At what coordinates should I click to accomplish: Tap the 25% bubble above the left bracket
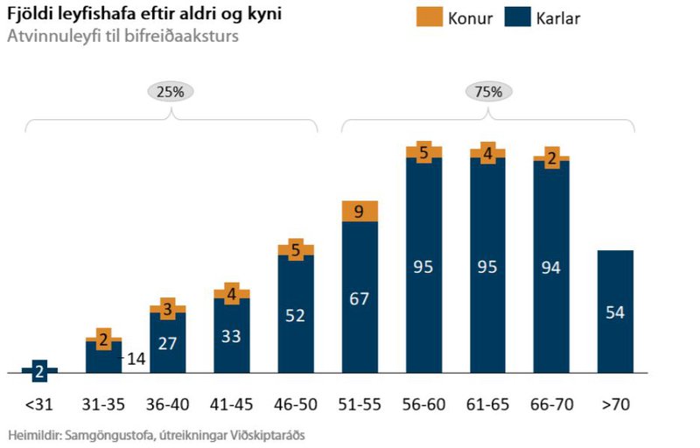(x=170, y=91)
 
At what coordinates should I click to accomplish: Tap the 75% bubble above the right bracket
(x=488, y=91)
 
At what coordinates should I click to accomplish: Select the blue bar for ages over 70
(x=615, y=311)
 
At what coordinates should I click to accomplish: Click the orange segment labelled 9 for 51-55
(x=360, y=211)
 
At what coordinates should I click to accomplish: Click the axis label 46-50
(x=296, y=404)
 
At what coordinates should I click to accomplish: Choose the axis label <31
(x=40, y=404)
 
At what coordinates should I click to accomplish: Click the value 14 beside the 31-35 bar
(x=136, y=358)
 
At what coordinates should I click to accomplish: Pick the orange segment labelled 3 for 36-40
(x=168, y=308)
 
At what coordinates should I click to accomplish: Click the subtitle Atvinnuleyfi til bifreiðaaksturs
(x=122, y=37)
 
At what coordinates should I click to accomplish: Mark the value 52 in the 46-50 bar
(x=296, y=316)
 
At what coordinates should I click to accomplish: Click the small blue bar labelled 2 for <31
(x=40, y=370)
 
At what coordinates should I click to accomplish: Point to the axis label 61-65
(x=487, y=404)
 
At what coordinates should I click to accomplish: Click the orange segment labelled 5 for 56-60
(x=423, y=152)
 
